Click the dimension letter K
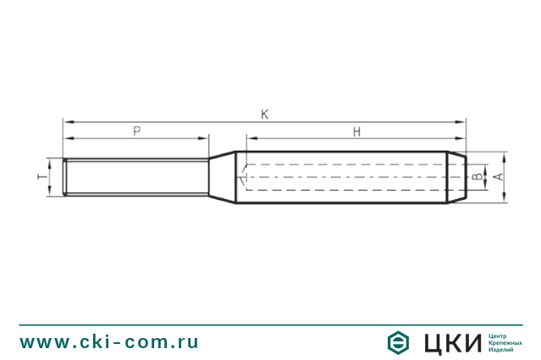click(265, 114)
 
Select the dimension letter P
click(136, 130)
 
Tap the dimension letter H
click(356, 130)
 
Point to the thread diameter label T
click(41, 177)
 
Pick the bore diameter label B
click(477, 177)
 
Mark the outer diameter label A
click(499, 177)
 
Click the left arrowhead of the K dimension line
click(67, 122)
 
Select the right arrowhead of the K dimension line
click(461, 122)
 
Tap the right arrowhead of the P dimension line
click(204, 138)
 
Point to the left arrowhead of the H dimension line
click(250, 138)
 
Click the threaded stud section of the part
click(135, 177)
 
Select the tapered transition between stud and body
click(222, 177)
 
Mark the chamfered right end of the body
click(455, 177)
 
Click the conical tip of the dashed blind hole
click(242, 177)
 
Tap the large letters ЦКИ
click(450, 342)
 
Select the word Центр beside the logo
click(500, 334)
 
